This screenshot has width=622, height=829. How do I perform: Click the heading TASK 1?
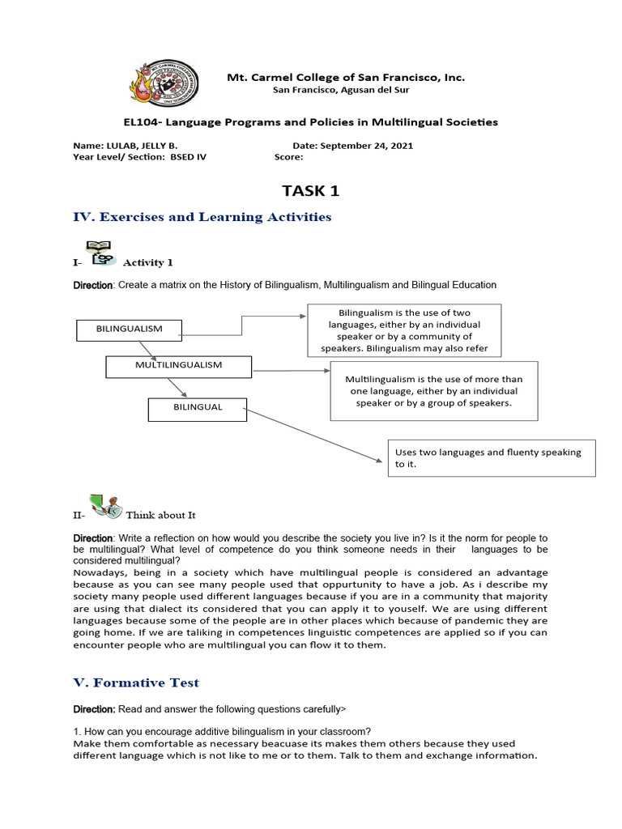pos(310,191)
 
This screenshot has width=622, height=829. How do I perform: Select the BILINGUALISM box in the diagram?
pos(129,329)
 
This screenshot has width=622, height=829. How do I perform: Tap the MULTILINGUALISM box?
pos(179,366)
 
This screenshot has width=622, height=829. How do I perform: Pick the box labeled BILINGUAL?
pos(197,408)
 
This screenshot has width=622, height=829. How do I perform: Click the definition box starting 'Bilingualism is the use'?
pos(404,330)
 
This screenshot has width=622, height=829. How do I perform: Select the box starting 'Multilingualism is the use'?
pos(433,391)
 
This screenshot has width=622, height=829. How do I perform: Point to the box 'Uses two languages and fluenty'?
pos(492,458)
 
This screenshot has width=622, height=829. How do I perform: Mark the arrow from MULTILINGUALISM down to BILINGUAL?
pos(189,388)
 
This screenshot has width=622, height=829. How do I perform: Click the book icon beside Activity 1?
pos(100,253)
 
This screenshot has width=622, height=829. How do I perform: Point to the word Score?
pos(288,157)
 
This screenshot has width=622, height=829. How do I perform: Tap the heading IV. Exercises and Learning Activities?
pos(202,217)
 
